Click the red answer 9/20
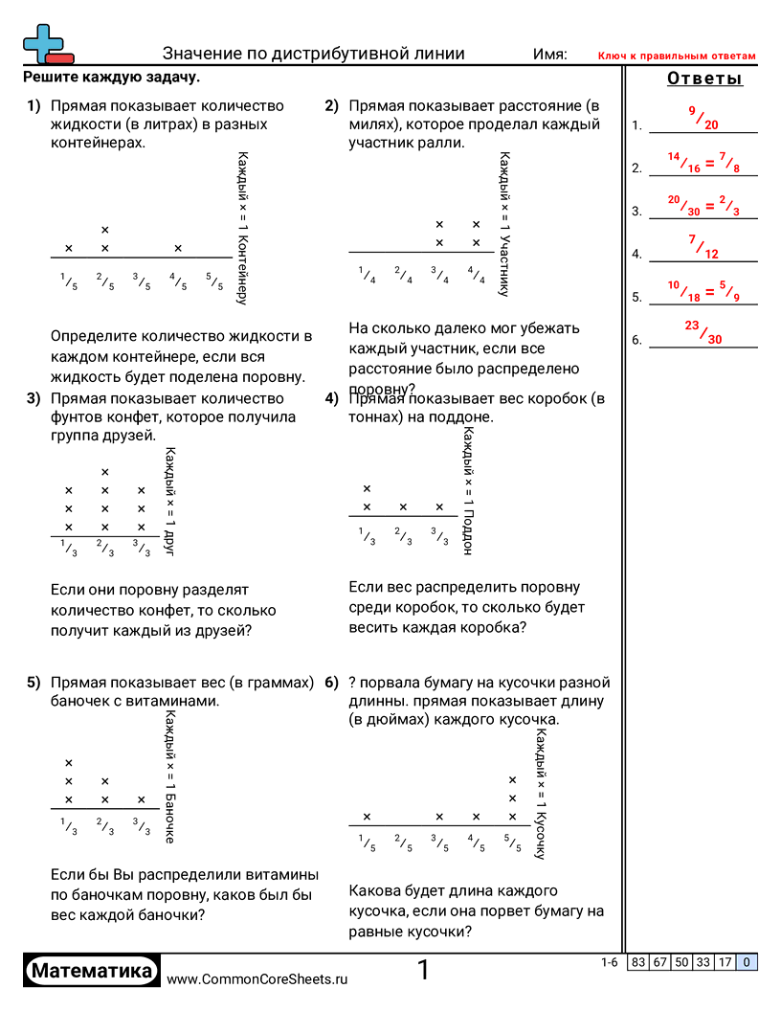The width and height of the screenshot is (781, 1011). tap(703, 118)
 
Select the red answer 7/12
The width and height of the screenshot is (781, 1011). tap(703, 247)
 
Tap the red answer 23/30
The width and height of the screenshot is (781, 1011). tap(703, 331)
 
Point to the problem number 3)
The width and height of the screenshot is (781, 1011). tap(33, 398)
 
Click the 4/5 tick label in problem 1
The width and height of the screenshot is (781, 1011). tap(178, 281)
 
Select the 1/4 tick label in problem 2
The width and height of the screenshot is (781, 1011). tap(367, 275)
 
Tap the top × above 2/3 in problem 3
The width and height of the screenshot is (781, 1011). tap(105, 472)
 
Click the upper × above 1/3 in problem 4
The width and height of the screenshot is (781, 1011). tap(367, 489)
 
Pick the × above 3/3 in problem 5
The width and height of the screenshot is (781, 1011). tap(142, 799)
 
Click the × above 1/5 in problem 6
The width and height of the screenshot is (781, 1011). tap(367, 817)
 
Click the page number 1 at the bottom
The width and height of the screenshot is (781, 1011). tap(423, 971)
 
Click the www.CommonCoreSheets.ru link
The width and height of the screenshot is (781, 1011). tap(257, 978)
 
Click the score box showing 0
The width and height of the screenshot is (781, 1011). tap(747, 963)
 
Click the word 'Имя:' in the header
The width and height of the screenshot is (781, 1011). tap(549, 55)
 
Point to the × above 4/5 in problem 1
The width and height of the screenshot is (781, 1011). tap(178, 249)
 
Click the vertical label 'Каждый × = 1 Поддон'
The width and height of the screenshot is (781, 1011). tap(467, 490)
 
